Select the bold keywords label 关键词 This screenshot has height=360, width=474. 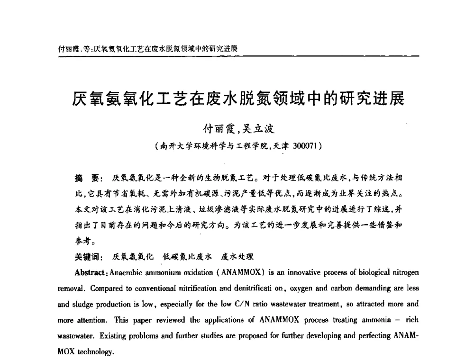tap(85, 257)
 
